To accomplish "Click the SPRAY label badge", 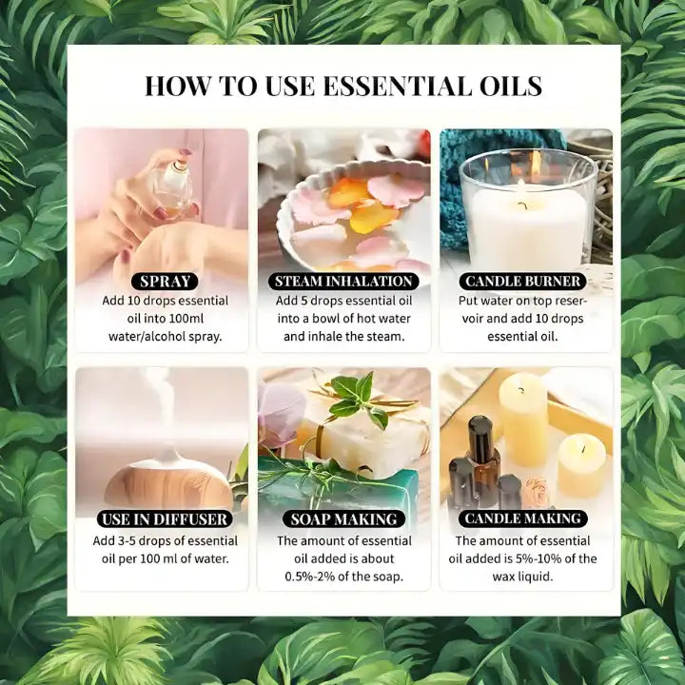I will [166, 282].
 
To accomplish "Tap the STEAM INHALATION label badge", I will [343, 282].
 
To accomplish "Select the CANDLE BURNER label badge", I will [522, 282].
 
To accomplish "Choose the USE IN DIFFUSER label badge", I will [164, 519].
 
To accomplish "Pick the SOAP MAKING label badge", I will [343, 519].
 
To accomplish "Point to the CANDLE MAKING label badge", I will [522, 519].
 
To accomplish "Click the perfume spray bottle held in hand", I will [173, 186].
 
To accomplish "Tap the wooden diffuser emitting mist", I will [167, 484].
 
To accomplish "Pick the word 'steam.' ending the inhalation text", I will [382, 337].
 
